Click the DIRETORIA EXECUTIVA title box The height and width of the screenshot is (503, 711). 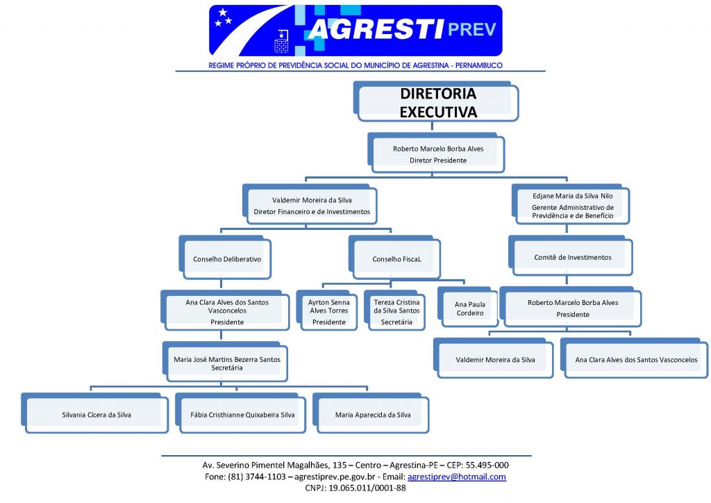click(x=436, y=101)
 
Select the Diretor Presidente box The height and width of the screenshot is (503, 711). click(x=436, y=153)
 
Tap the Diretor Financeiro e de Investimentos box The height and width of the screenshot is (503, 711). click(x=310, y=204)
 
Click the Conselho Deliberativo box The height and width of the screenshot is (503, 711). click(x=226, y=257)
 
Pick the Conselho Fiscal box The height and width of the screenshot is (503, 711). click(x=394, y=257)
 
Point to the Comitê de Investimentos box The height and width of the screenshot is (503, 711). click(x=571, y=256)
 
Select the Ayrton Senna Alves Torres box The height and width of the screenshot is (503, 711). click(x=327, y=311)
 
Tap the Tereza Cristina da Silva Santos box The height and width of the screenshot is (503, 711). click(x=394, y=311)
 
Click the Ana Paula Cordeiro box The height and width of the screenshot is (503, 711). click(x=468, y=307)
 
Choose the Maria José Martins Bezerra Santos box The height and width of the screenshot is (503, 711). click(x=226, y=362)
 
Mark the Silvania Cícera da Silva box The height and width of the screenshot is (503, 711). click(x=94, y=413)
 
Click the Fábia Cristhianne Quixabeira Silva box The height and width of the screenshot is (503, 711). click(x=240, y=413)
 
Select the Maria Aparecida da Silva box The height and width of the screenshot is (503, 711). click(x=371, y=413)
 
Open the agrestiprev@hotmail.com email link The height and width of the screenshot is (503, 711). click(x=457, y=477)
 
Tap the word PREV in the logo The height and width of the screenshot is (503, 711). click(x=472, y=29)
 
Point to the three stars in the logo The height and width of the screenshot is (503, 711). click(x=223, y=17)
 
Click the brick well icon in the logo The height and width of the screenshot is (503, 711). click(x=281, y=41)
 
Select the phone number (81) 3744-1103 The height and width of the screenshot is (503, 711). click(x=257, y=477)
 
